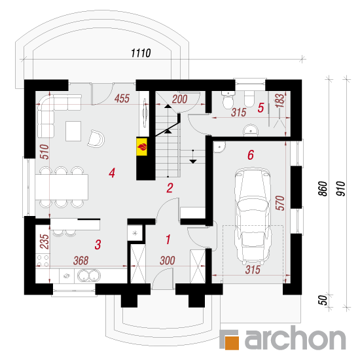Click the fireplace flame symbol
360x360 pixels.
click(x=142, y=147)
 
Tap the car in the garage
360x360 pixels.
click(x=253, y=215)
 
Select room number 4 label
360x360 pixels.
click(x=112, y=173)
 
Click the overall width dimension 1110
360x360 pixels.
click(x=141, y=53)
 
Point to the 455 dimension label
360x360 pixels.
click(x=122, y=98)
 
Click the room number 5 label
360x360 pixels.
click(x=261, y=108)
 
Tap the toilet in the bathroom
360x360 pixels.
click(x=228, y=100)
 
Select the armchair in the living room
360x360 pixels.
click(x=96, y=139)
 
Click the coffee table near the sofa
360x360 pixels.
click(x=73, y=131)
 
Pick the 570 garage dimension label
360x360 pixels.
click(x=280, y=203)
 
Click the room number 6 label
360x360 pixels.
click(x=251, y=154)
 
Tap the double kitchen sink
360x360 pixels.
click(x=89, y=276)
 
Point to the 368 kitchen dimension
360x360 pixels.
click(x=81, y=261)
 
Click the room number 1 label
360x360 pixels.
click(x=168, y=240)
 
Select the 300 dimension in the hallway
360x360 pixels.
click(x=168, y=261)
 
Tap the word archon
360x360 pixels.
click(x=295, y=338)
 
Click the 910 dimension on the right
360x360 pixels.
click(x=341, y=189)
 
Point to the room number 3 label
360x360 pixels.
click(x=98, y=245)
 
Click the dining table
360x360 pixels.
click(x=62, y=187)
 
